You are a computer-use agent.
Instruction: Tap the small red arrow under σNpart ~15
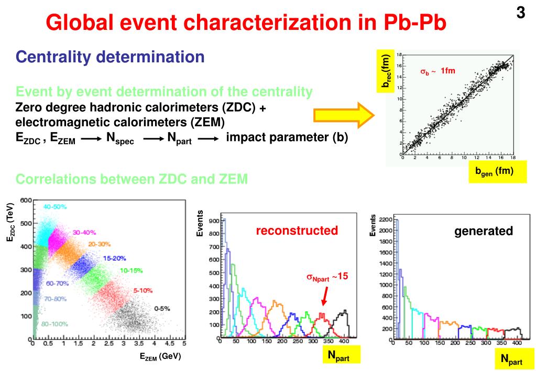325,297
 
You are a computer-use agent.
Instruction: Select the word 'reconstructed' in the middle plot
297,231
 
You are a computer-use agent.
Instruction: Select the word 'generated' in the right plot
483,231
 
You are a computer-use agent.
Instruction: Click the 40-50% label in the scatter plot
55,207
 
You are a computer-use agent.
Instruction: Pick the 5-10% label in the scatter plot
143,290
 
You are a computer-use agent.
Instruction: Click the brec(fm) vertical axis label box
385,73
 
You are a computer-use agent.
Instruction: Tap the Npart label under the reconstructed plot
338,356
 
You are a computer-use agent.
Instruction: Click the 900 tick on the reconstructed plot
213,221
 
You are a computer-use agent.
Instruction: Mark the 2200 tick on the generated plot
385,220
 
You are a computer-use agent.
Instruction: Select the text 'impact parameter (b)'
287,137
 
